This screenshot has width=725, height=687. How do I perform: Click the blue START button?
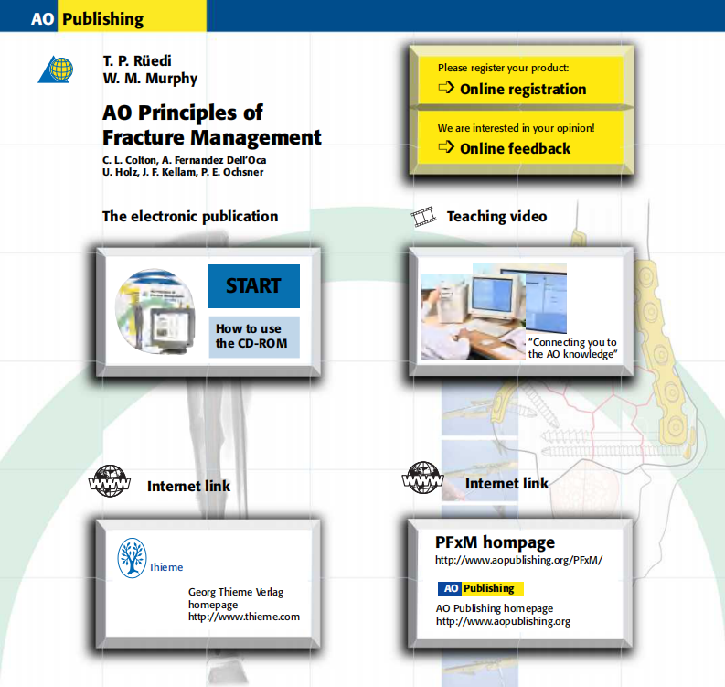point(253,285)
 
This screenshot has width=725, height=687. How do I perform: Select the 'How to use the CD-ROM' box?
point(253,336)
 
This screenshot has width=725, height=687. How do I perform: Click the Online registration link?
point(522,89)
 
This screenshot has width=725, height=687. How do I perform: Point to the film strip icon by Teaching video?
point(423,217)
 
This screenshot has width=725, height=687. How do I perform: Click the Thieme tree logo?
point(133,558)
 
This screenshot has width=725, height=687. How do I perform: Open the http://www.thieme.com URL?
point(244,617)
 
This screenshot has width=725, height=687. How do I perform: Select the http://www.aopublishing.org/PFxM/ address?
point(518,560)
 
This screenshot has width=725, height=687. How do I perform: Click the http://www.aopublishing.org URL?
point(503,621)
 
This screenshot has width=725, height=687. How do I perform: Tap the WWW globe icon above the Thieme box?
point(110,483)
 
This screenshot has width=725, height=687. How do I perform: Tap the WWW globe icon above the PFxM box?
point(422,478)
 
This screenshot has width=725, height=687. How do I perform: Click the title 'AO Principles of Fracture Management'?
point(211,125)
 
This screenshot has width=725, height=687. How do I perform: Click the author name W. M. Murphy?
point(149,79)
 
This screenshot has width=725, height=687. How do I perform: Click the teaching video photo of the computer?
point(493,312)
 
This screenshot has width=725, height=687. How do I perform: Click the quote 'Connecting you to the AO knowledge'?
point(573,348)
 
